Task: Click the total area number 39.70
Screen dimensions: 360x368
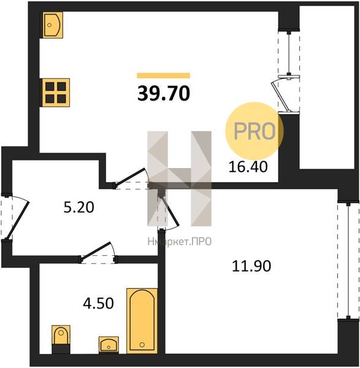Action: (164, 93)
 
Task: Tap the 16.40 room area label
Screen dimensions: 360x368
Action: (248, 167)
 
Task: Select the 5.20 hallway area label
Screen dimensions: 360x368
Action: (79, 207)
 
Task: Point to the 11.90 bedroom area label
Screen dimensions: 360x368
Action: (251, 266)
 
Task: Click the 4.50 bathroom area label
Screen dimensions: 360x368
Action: (98, 303)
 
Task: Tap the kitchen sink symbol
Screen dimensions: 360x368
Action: (53, 25)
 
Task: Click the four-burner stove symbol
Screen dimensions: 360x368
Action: (56, 93)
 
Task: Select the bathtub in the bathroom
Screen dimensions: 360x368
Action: (142, 321)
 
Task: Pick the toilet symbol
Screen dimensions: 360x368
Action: (61, 339)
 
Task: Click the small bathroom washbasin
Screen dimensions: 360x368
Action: (109, 345)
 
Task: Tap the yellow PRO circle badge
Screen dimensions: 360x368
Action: (255, 131)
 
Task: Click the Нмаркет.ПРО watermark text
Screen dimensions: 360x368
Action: (180, 242)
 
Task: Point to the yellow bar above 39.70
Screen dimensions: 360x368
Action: (164, 75)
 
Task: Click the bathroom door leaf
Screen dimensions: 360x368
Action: (96, 251)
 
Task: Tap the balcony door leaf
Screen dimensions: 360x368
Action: (280, 96)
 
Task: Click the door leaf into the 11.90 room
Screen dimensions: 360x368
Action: (170, 211)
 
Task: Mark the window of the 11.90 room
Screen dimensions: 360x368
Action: (348, 261)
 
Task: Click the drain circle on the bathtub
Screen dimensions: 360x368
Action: (142, 345)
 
